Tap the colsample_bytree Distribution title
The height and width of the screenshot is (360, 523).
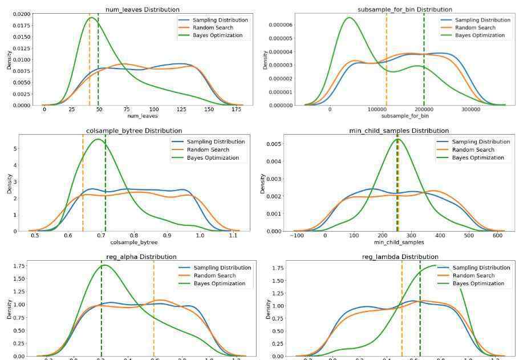[x=134, y=131]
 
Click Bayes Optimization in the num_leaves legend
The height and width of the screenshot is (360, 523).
[x=217, y=35]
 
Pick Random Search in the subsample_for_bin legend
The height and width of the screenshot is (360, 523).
[x=475, y=28]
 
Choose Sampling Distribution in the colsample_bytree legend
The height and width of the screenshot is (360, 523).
[x=216, y=141]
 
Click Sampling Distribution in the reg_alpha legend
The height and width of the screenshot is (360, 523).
[x=222, y=268]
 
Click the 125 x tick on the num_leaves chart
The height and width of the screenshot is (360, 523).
[x=181, y=110]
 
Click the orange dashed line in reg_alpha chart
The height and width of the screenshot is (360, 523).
[x=153, y=308]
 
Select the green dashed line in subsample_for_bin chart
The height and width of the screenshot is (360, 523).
[x=424, y=57]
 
